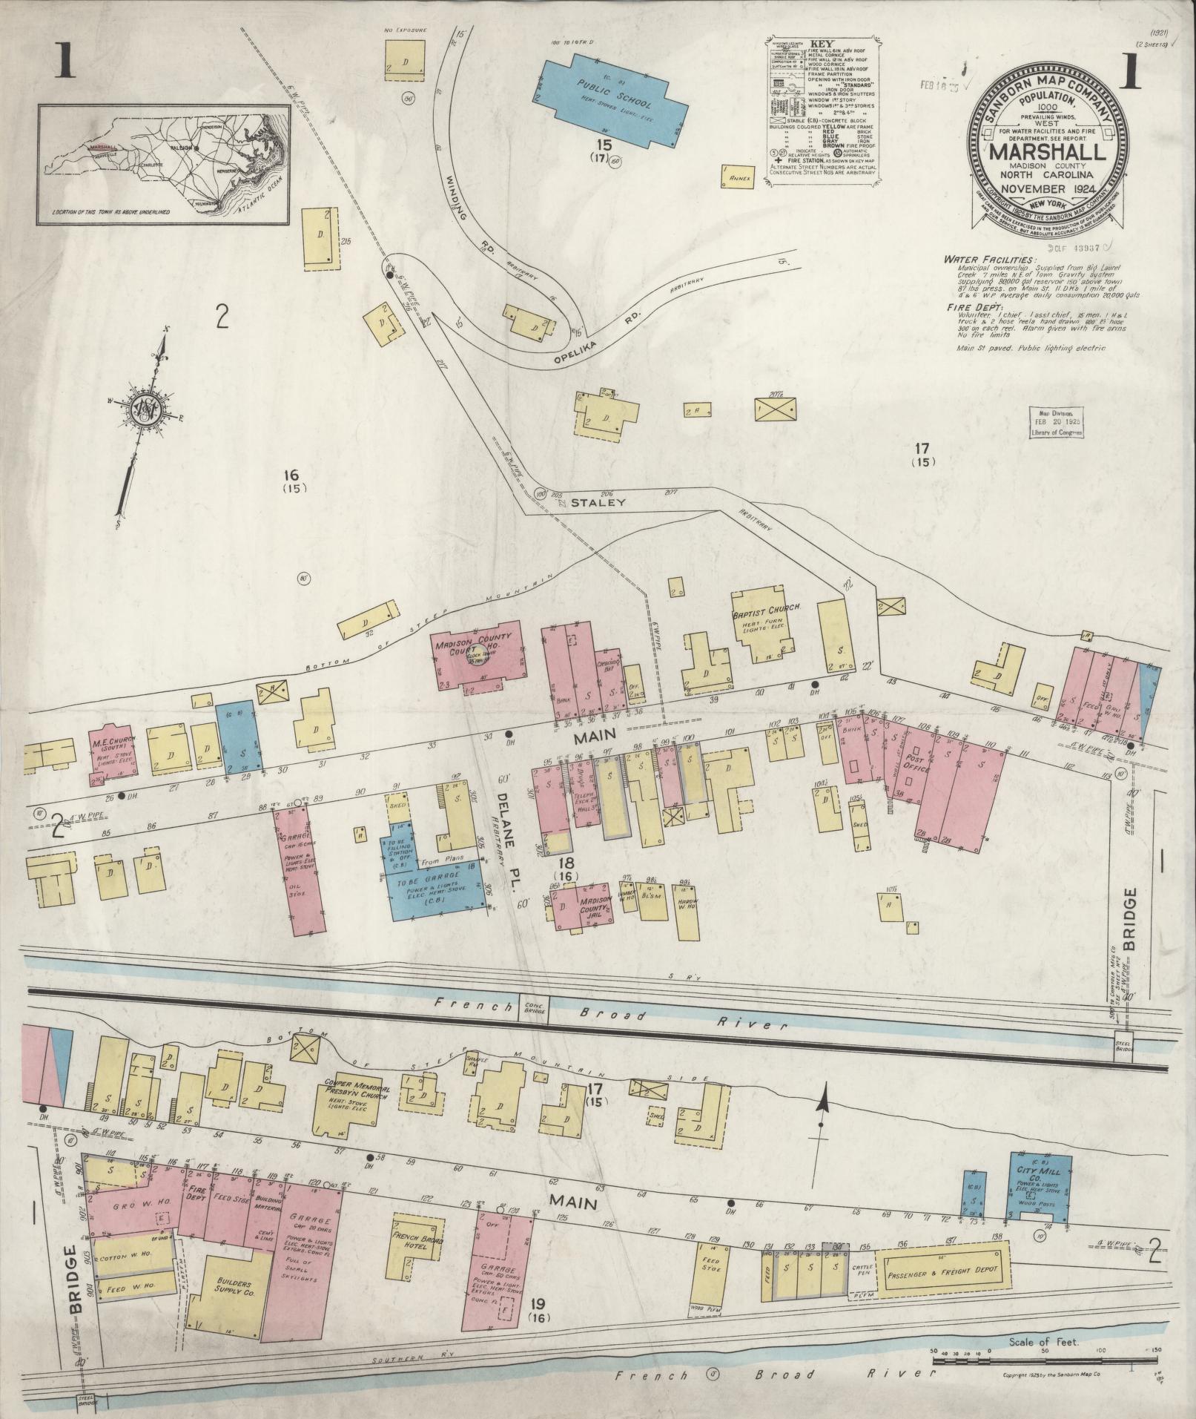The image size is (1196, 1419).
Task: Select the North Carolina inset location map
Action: (163, 164)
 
